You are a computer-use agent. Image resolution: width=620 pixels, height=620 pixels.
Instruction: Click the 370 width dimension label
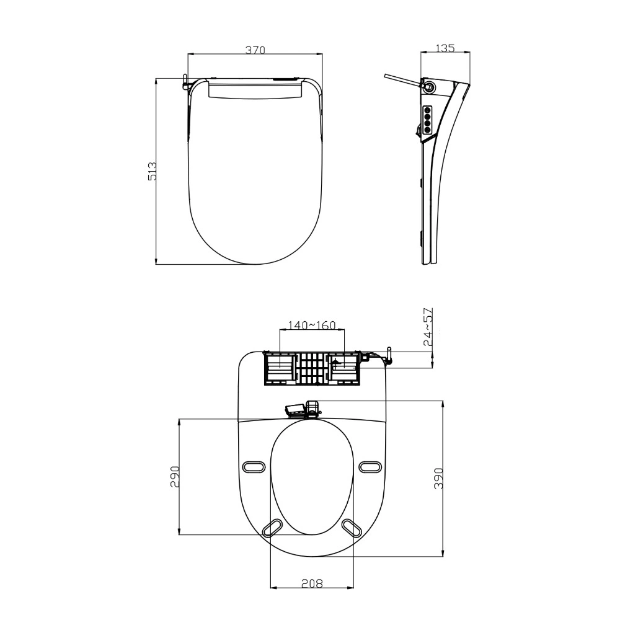pyautogui.click(x=255, y=50)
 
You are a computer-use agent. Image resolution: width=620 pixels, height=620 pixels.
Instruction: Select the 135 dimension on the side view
pyautogui.click(x=445, y=48)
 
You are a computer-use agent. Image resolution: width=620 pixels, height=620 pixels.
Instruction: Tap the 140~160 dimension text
pyautogui.click(x=312, y=325)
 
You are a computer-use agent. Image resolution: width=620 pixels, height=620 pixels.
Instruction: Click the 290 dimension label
pyautogui.click(x=175, y=476)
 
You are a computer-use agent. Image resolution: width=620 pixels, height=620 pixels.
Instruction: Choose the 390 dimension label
pyautogui.click(x=438, y=478)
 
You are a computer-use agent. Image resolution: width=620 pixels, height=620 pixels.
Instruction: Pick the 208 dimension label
pyautogui.click(x=312, y=583)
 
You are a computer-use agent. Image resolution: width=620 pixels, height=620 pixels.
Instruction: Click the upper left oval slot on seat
pyautogui.click(x=254, y=466)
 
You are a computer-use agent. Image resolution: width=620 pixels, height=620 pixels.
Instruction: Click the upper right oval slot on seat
pyautogui.click(x=370, y=466)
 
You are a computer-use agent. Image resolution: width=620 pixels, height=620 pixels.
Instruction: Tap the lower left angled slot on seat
pyautogui.click(x=273, y=527)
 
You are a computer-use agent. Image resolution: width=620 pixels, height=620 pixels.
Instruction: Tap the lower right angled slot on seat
pyautogui.click(x=352, y=527)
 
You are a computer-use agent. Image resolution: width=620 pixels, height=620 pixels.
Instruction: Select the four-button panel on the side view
pyautogui.click(x=427, y=118)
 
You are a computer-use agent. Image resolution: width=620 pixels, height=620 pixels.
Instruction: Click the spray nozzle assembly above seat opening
pyautogui.click(x=303, y=409)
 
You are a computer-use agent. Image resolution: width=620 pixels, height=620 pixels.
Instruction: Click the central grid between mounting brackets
pyautogui.click(x=312, y=368)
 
